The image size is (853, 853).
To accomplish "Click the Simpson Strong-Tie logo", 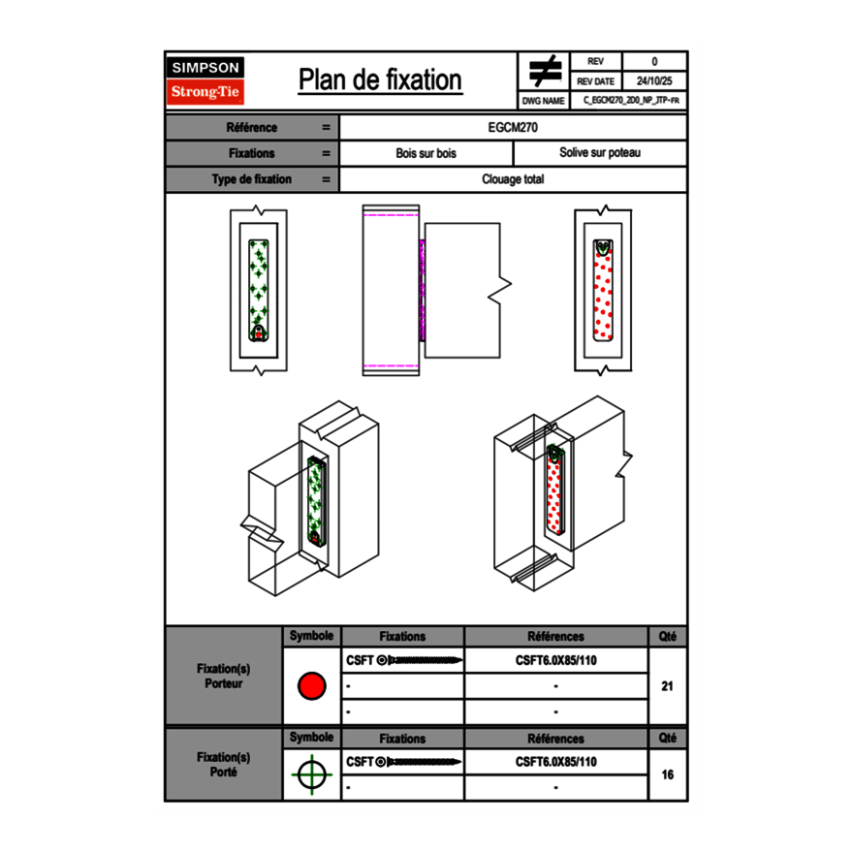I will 205,80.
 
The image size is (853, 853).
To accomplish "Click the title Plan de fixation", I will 380,80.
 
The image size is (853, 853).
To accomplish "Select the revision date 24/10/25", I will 654,81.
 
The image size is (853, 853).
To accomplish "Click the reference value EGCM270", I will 514,128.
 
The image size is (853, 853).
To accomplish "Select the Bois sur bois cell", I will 426,153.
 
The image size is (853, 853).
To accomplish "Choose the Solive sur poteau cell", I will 600,153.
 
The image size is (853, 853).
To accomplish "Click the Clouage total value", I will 514,179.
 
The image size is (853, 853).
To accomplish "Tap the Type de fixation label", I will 251,179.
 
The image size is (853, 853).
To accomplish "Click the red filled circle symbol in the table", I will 311,686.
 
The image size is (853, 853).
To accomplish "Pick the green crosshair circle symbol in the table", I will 311,774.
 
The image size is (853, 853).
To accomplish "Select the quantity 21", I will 667,686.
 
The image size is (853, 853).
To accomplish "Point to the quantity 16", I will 667,774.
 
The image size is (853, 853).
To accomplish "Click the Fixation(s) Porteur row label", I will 224,676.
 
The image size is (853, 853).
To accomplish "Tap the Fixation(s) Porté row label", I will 224,764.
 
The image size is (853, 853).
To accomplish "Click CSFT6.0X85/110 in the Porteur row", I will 555,661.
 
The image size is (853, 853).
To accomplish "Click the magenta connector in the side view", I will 422,289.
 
